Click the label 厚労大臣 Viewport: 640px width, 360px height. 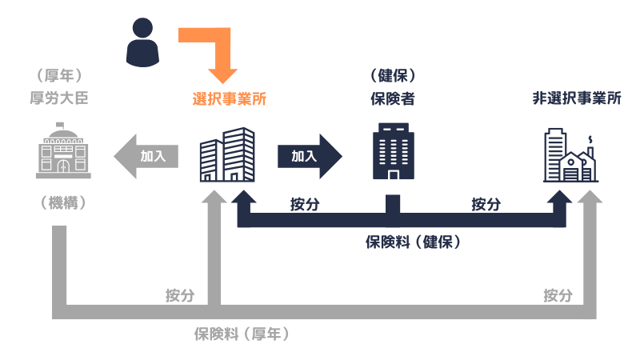click(60, 99)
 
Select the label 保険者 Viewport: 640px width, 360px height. click(392, 99)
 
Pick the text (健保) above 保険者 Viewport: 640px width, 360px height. click(392, 77)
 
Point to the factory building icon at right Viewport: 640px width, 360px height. click(570, 157)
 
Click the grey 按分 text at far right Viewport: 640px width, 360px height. click(558, 294)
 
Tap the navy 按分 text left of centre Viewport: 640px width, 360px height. click(305, 204)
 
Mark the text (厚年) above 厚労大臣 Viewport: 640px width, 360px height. click(60, 77)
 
